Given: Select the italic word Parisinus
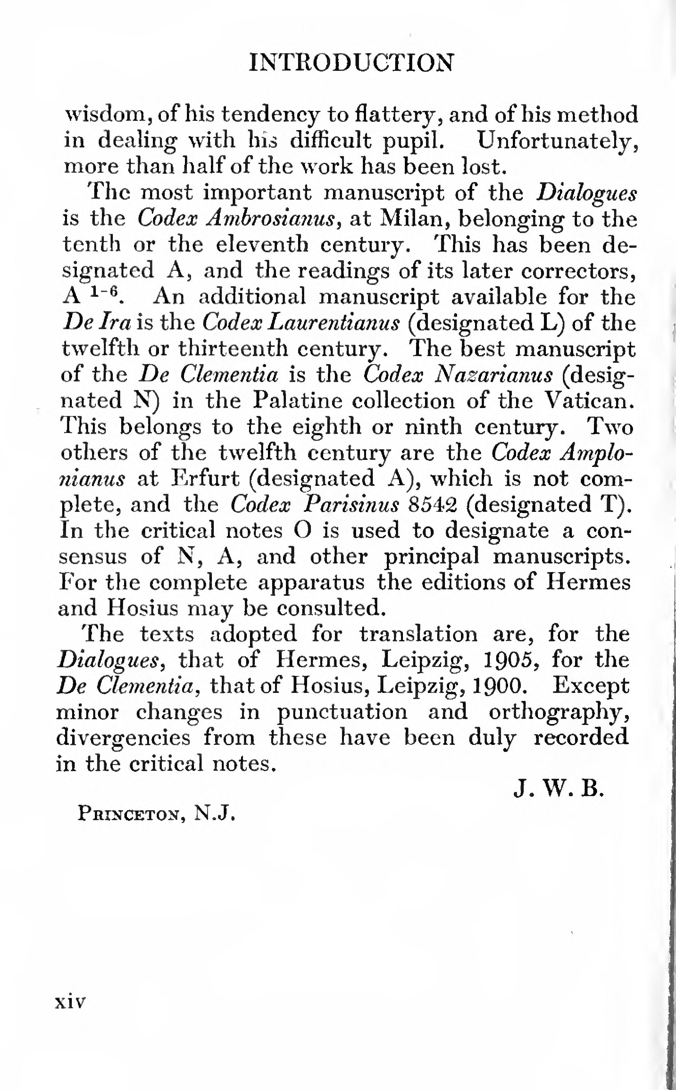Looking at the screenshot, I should point(351,504).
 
